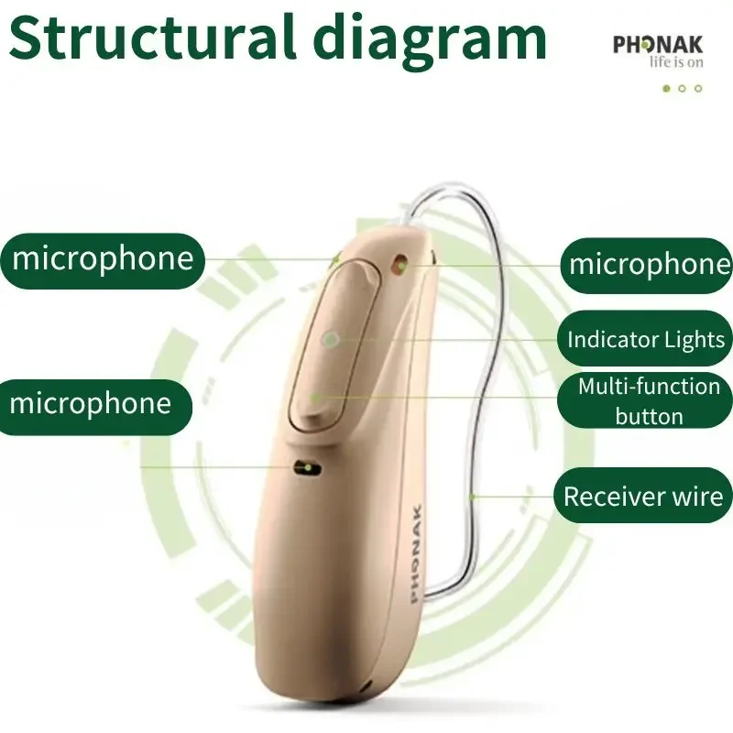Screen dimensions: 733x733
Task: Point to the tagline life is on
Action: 675,62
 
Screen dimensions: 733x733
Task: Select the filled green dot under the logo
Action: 666,89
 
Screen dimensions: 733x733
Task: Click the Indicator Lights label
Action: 646,340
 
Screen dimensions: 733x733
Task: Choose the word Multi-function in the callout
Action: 649,387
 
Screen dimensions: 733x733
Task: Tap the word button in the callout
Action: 649,417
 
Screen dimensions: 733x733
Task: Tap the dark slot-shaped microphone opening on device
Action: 306,468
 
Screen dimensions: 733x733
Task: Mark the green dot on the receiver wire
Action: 474,498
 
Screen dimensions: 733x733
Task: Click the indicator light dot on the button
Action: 330,338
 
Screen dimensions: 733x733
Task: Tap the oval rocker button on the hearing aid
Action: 330,348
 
